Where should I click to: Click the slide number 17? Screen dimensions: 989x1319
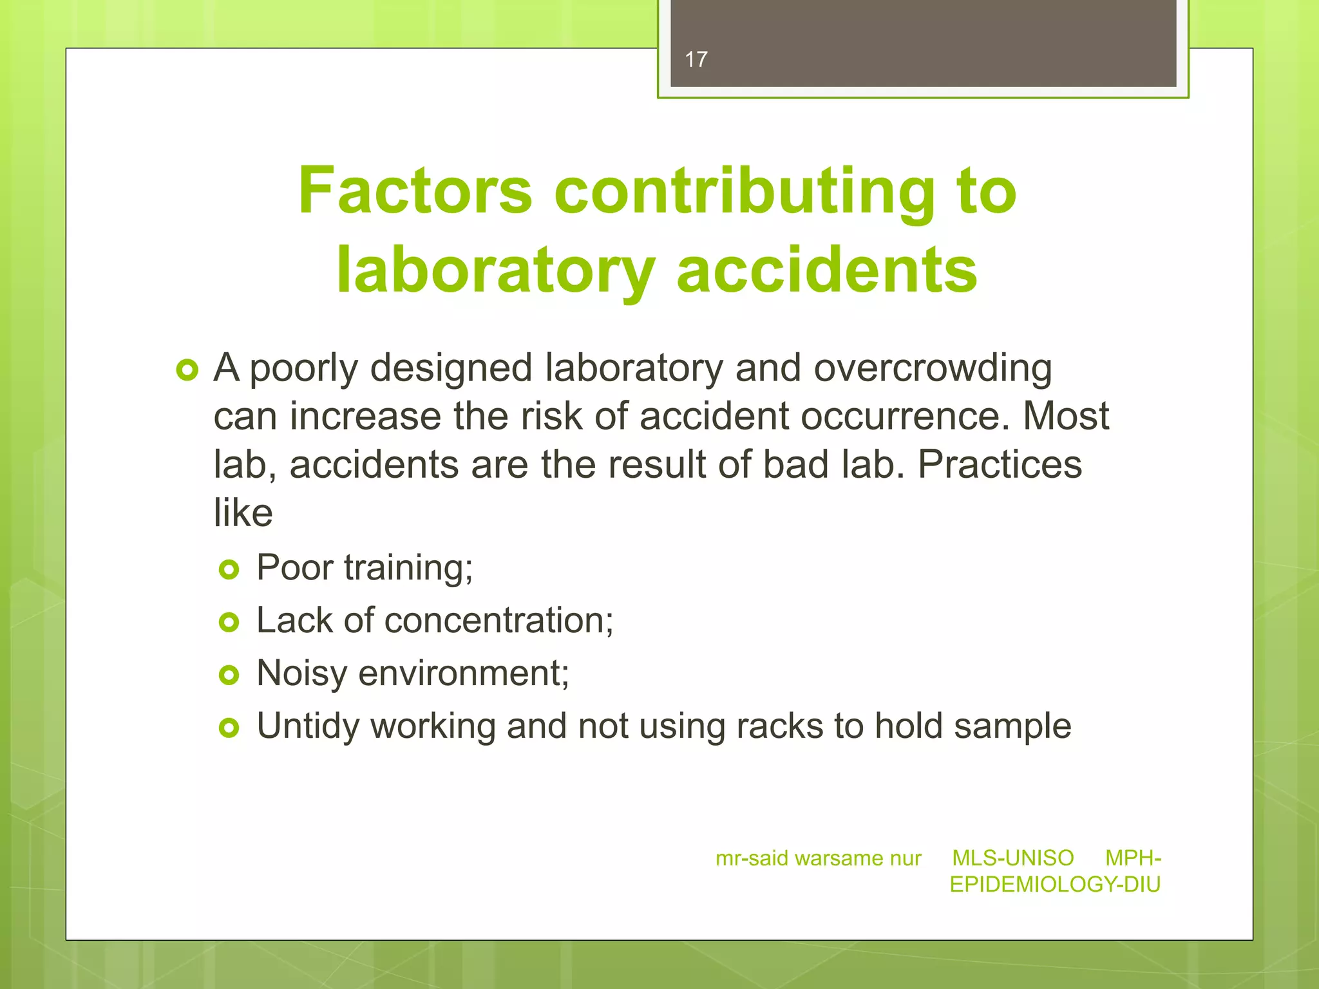point(696,60)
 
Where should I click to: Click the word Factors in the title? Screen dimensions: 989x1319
point(415,191)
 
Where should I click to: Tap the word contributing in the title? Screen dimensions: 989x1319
point(744,191)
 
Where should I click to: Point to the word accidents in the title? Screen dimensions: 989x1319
point(827,270)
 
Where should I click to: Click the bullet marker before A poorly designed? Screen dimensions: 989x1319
point(187,371)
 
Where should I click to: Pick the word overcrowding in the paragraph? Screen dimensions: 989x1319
point(933,369)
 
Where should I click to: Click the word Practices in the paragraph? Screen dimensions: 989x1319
point(1000,465)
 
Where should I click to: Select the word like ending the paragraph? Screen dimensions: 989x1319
point(243,513)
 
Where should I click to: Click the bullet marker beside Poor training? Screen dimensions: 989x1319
point(229,569)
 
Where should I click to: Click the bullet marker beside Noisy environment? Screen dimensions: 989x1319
point(229,675)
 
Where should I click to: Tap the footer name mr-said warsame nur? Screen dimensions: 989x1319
point(818,858)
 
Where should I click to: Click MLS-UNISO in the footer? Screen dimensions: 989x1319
point(1012,858)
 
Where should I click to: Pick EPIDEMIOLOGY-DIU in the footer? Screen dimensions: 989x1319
point(1055,885)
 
